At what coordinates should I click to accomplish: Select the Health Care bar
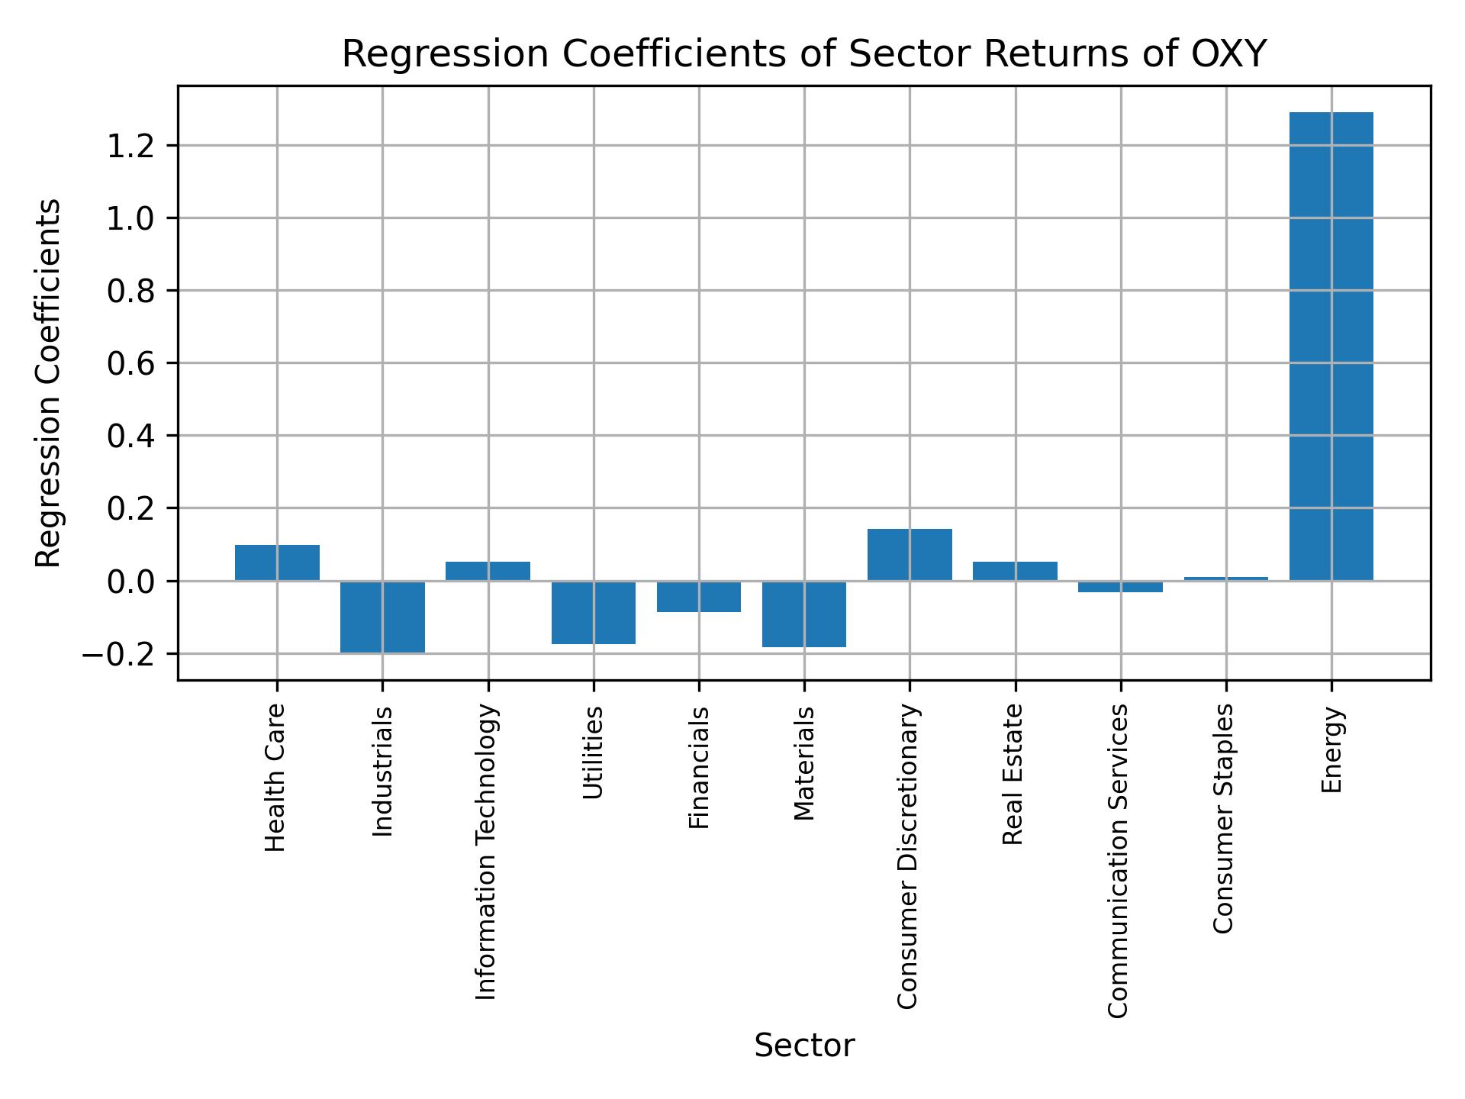click(x=277, y=562)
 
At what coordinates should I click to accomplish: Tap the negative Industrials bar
click(x=382, y=617)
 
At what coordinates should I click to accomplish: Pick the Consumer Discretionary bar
click(x=910, y=554)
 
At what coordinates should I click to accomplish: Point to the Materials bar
click(x=804, y=614)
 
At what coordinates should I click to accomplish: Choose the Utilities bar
click(x=594, y=612)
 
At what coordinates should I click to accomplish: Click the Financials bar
click(x=699, y=596)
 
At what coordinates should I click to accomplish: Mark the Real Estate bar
click(x=1015, y=571)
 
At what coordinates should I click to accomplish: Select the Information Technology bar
click(x=488, y=571)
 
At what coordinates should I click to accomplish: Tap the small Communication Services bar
click(x=1120, y=586)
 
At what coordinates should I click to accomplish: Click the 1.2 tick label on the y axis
click(x=130, y=146)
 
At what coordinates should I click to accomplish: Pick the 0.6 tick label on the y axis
click(x=130, y=364)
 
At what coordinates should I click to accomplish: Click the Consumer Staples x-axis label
click(x=1223, y=818)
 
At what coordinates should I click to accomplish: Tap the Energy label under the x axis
click(x=1331, y=750)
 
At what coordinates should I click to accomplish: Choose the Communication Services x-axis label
click(x=1118, y=860)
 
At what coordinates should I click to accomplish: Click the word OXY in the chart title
click(x=1229, y=54)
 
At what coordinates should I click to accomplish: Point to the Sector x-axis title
click(x=804, y=1046)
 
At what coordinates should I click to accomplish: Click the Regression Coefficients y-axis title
click(x=49, y=382)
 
